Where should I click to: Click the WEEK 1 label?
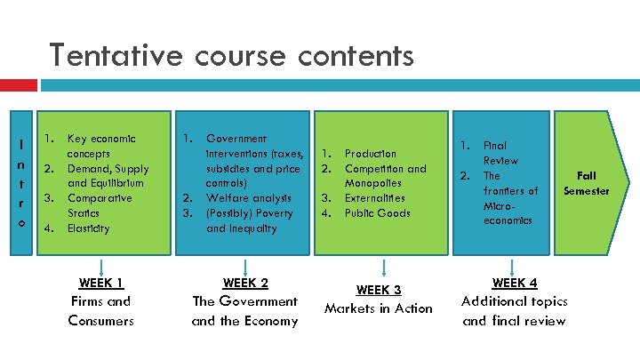tap(100, 284)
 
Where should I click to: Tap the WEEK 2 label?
tap(245, 284)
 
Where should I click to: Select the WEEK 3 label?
tap(379, 290)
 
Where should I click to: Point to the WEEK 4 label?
tap(515, 284)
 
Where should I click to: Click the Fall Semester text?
tap(587, 184)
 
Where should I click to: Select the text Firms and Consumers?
tap(100, 310)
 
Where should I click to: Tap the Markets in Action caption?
tap(379, 308)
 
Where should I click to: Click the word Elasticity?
tap(89, 228)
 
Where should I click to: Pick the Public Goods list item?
tap(378, 213)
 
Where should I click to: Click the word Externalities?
tap(374, 198)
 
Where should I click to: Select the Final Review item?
tap(500, 153)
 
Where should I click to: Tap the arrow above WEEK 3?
tap(382, 268)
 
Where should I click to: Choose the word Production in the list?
tap(371, 154)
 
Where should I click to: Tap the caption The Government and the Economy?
tap(245, 310)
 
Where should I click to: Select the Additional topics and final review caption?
tap(514, 310)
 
